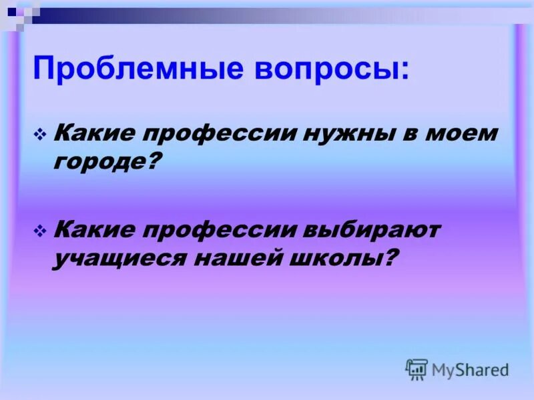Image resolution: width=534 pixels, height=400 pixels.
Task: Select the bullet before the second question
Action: point(39,231)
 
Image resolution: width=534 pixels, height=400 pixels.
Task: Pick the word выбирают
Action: point(373,230)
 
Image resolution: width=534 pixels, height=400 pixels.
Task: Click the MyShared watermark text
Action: point(470,369)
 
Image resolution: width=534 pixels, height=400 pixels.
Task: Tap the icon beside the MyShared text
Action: point(417,369)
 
